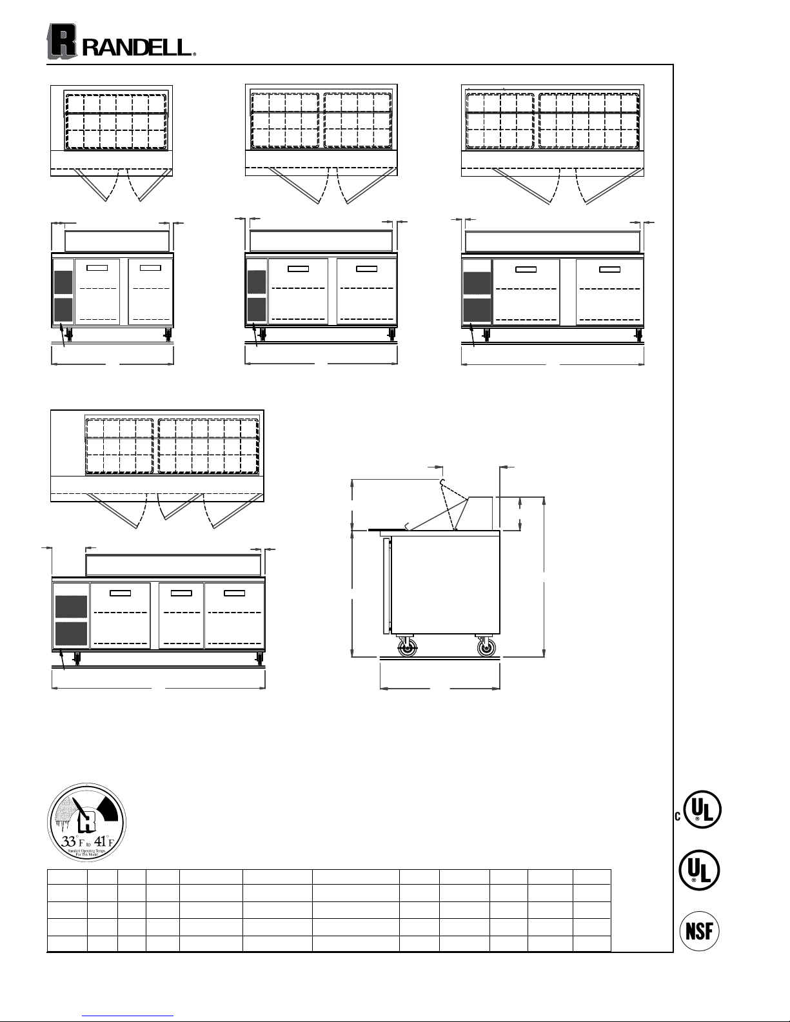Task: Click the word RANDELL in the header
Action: coord(137,47)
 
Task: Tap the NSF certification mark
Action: coord(700,932)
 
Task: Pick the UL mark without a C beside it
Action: coord(700,870)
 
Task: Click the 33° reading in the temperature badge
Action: coord(68,841)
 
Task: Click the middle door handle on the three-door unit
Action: coord(181,592)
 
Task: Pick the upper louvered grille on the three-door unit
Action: coord(71,608)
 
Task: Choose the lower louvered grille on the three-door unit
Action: coord(71,634)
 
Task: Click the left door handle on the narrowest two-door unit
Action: coord(97,267)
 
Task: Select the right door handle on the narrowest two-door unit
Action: coord(150,267)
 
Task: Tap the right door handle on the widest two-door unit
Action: coord(609,269)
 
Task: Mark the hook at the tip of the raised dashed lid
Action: coord(442,482)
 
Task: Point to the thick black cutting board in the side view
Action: coord(384,529)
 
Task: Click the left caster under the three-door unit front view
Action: coord(77,659)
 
